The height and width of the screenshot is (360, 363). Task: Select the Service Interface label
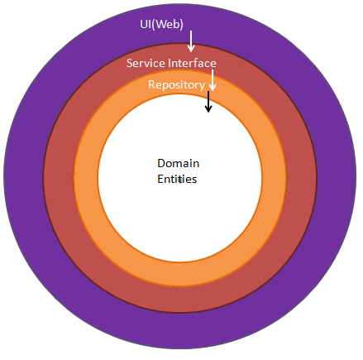[x=171, y=64]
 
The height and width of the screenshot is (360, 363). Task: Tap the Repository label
[x=176, y=84]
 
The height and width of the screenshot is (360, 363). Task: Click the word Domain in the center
[x=178, y=163]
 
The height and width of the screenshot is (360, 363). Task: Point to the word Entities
[x=177, y=179]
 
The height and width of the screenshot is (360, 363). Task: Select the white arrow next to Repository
[x=213, y=80]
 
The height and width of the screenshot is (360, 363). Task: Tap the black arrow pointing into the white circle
[x=208, y=102]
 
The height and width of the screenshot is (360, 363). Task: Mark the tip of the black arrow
[x=208, y=112]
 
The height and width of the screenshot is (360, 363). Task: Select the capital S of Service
[x=130, y=64]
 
